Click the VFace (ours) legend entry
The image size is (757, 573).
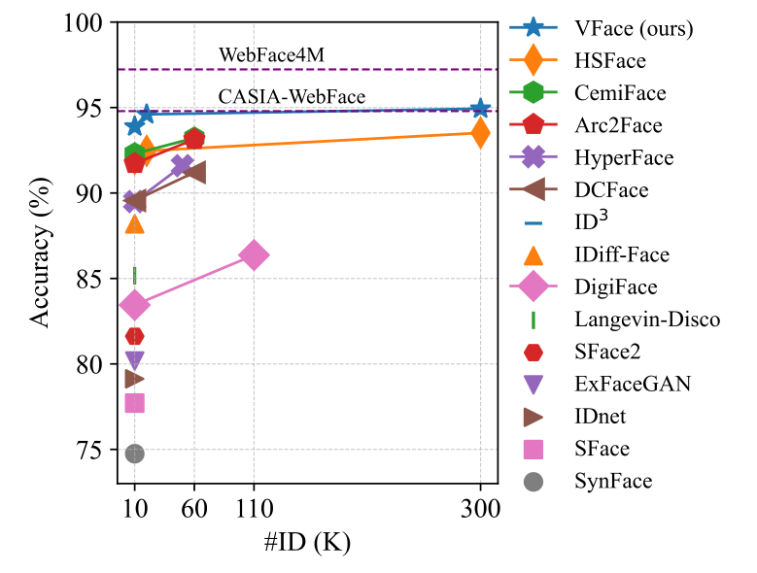pos(633,28)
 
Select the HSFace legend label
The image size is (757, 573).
pos(608,60)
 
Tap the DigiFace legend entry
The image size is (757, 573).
pos(615,286)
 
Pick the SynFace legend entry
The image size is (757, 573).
pos(613,481)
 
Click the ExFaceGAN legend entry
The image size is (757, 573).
pos(632,384)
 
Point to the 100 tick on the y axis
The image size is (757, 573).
pos(87,21)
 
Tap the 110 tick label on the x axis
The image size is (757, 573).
pos(254,507)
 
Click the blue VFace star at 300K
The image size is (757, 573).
pos(479,109)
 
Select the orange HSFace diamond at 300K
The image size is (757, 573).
pos(479,133)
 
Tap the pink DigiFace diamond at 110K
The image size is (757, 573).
pos(254,256)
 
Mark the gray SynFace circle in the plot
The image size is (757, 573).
pos(134,454)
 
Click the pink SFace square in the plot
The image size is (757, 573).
pos(134,403)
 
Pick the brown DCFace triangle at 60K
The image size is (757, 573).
pos(193,172)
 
